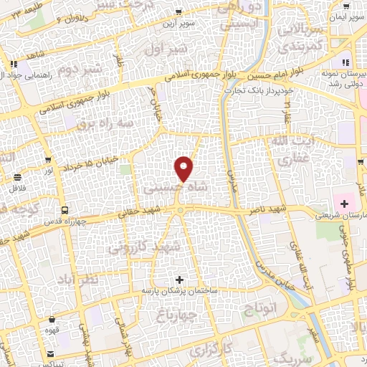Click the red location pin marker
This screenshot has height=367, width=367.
(x=184, y=169)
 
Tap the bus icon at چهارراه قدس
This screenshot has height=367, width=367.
(x=65, y=211)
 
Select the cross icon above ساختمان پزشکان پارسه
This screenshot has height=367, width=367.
(x=179, y=278)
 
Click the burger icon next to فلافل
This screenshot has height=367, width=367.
(x=16, y=177)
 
